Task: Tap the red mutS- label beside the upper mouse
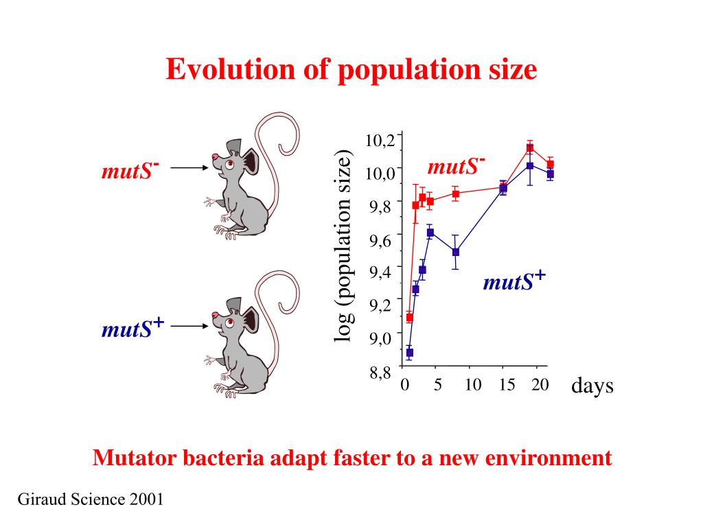(130, 169)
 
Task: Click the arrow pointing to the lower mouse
(189, 327)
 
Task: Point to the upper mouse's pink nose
(215, 157)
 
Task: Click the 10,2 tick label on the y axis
(380, 141)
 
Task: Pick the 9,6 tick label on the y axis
(380, 239)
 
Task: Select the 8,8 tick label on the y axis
(380, 373)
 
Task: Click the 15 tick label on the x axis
(507, 385)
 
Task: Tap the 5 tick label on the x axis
(437, 385)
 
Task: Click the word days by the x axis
(592, 386)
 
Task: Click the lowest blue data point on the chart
(410, 353)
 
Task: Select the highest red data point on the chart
(530, 148)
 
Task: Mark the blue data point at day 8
(456, 252)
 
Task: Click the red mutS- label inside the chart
(456, 166)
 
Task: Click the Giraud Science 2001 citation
(90, 499)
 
